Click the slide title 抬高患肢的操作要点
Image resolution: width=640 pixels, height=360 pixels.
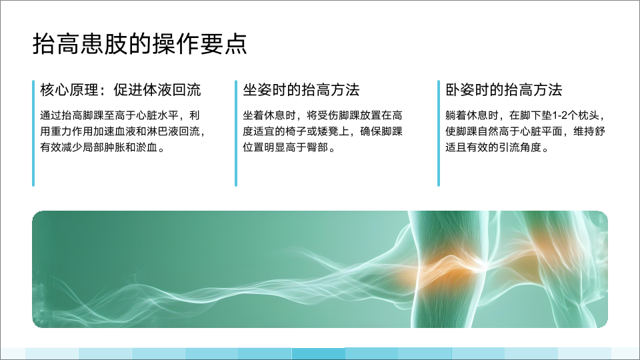click(139, 44)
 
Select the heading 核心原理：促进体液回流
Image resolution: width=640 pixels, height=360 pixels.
click(121, 90)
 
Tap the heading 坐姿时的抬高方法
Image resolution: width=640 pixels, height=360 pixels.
click(301, 90)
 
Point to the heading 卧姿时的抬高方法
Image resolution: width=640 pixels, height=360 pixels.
click(504, 90)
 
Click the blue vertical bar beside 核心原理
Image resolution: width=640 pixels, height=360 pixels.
click(33, 133)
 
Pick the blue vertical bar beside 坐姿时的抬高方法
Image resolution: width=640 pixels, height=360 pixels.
click(236, 133)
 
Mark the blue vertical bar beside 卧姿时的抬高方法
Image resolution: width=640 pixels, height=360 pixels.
click(439, 133)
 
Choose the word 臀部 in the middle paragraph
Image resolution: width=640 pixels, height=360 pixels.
click(317, 147)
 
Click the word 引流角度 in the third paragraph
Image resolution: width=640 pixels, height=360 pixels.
click(519, 147)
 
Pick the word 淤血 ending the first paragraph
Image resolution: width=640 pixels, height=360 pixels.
click(147, 147)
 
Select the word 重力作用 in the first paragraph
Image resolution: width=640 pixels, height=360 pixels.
click(72, 131)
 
